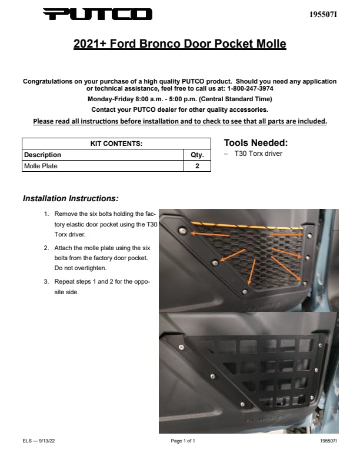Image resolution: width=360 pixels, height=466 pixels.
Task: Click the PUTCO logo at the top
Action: coord(98,14)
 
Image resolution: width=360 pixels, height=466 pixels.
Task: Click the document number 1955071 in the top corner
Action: coord(323,14)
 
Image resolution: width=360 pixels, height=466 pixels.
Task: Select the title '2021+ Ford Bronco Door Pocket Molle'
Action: coord(179,44)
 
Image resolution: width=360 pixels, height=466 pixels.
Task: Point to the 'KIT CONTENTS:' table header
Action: coord(116,144)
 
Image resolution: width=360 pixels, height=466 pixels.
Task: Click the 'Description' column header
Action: coord(42,155)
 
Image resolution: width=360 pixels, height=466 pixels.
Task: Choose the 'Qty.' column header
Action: coord(197,155)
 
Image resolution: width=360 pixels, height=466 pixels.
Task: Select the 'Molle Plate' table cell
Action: coord(41,166)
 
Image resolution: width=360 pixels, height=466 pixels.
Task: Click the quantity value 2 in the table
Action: coord(197,166)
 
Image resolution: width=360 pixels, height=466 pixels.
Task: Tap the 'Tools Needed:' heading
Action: coord(255,143)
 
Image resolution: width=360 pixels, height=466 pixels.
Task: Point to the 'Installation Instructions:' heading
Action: coord(71,198)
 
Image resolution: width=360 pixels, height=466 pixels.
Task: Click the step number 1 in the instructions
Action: coord(47,214)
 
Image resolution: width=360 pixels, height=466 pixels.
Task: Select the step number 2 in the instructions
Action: coord(47,248)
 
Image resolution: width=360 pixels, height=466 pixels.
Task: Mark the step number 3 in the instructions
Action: coord(47,281)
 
